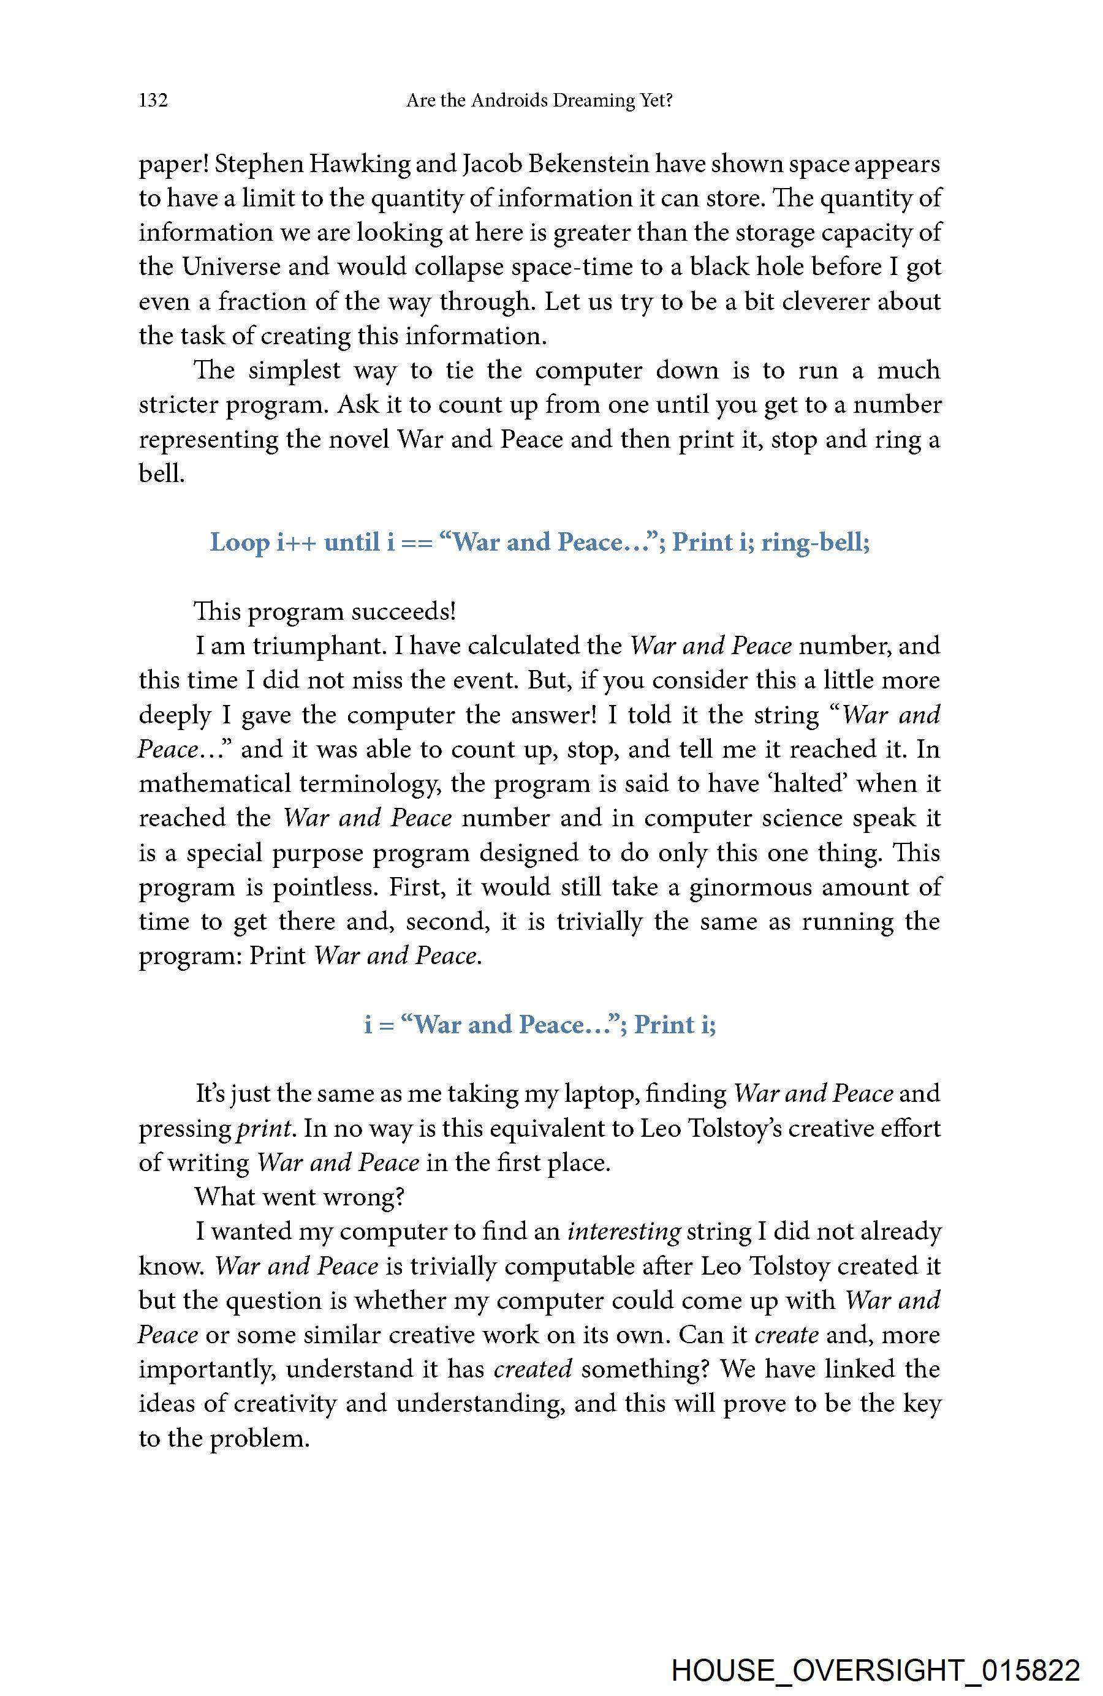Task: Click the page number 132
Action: click(153, 100)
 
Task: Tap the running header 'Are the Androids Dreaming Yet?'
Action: click(539, 100)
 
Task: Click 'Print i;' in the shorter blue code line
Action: click(675, 1025)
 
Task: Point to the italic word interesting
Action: click(624, 1231)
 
